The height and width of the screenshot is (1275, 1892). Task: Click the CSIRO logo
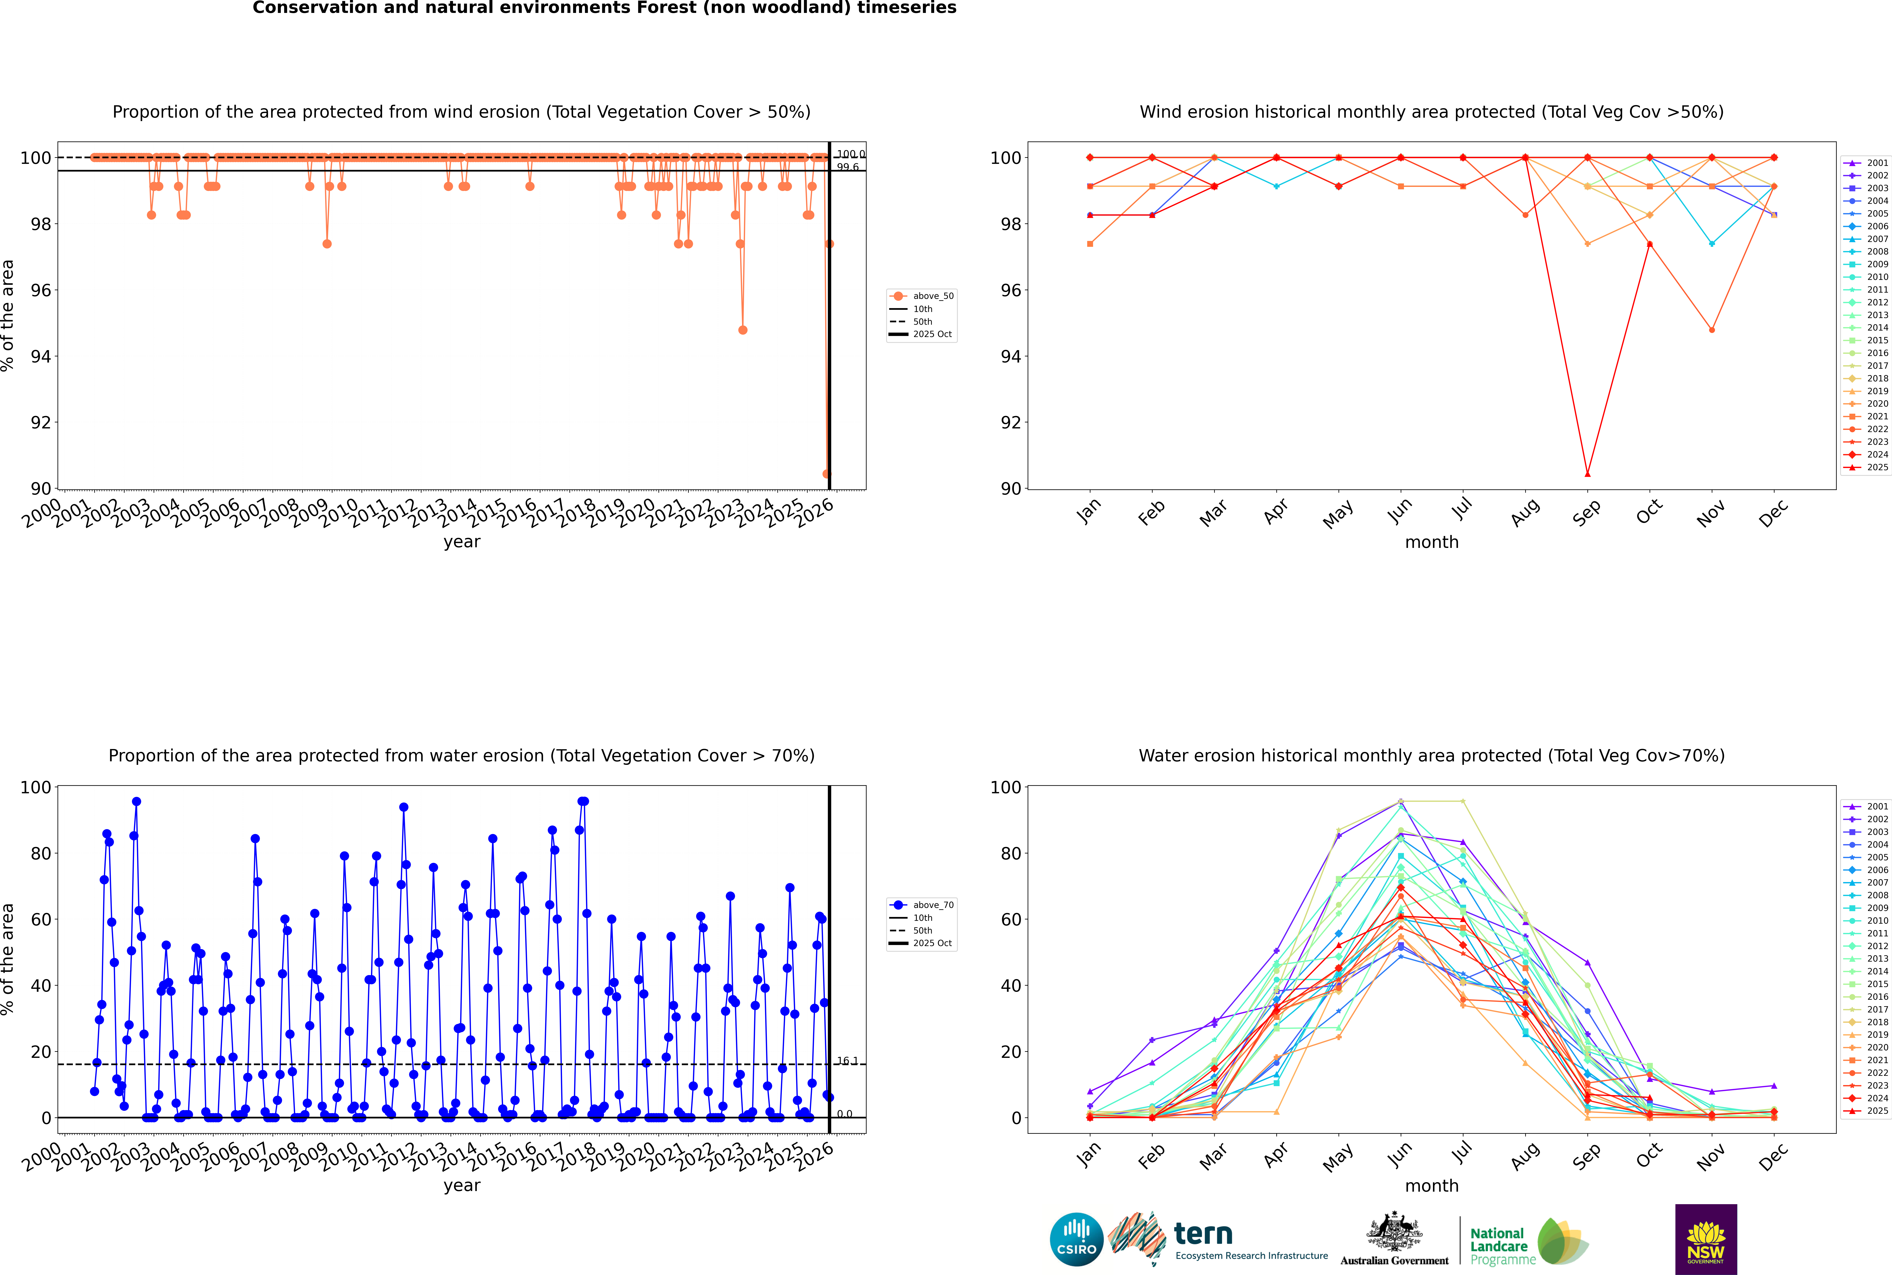[x=1076, y=1239]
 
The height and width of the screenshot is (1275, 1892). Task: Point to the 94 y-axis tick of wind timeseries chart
[x=41, y=356]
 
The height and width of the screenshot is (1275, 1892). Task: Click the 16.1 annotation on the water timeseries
[x=847, y=1060]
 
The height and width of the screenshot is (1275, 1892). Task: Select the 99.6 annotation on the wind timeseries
[x=848, y=167]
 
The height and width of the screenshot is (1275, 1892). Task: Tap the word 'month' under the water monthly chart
[x=1432, y=1186]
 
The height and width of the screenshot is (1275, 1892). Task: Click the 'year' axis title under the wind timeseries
[x=462, y=542]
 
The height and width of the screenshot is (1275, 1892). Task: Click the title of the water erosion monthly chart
[x=1432, y=755]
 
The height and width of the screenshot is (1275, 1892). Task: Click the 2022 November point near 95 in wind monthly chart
[x=1711, y=330]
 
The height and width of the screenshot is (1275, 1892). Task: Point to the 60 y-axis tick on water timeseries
[x=41, y=920]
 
